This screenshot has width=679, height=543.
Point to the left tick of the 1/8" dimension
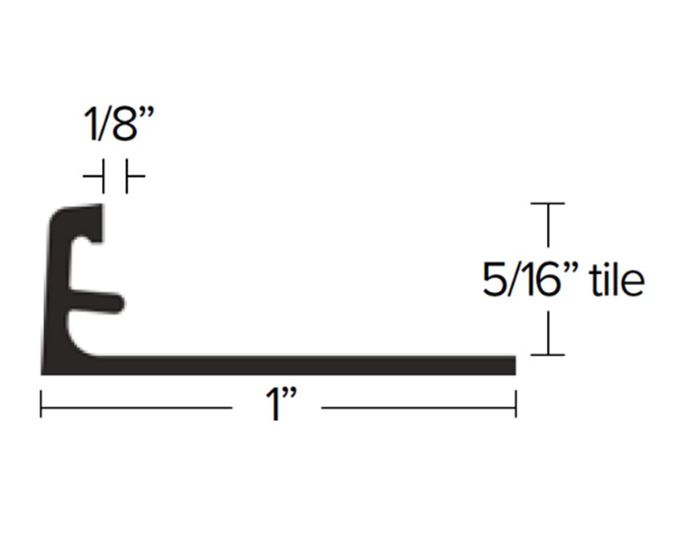[103, 176]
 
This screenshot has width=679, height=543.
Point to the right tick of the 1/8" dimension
[127, 176]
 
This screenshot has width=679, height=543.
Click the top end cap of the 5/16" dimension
[548, 203]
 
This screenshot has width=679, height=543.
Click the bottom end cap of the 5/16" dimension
[548, 354]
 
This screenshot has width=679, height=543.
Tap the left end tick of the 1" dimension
[41, 404]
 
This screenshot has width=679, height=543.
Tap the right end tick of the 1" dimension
[516, 404]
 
